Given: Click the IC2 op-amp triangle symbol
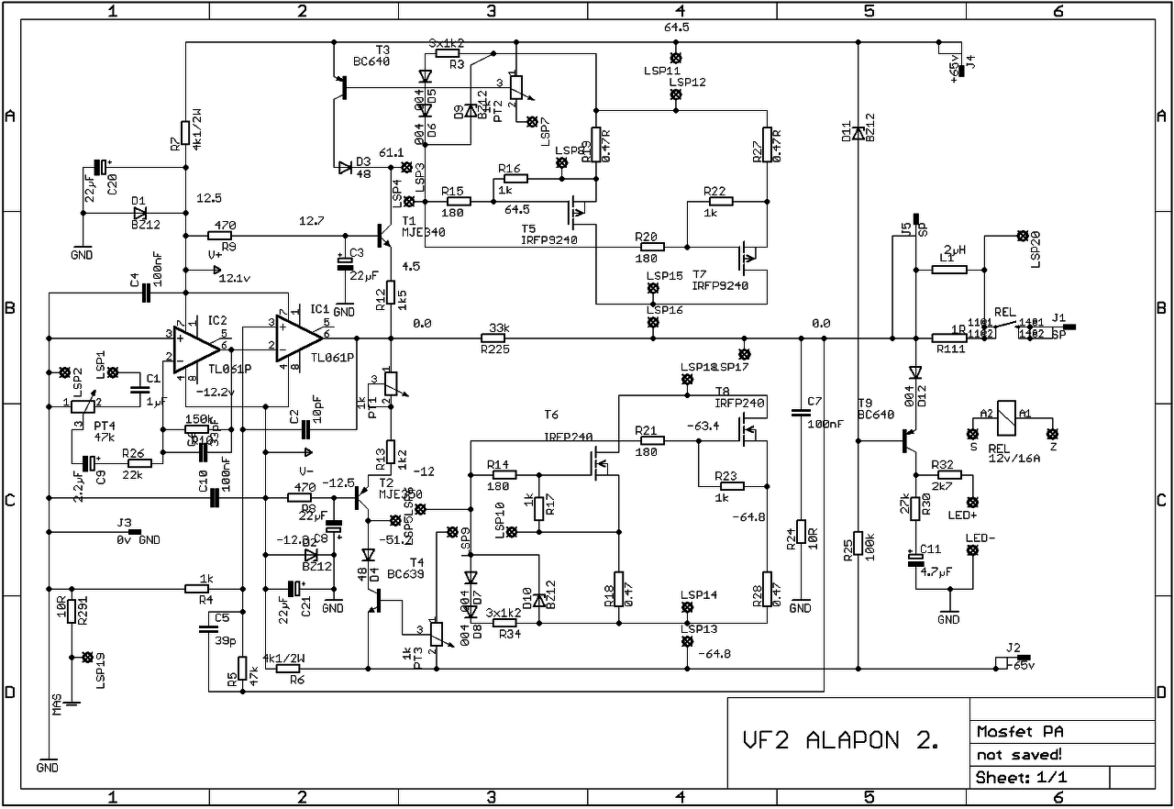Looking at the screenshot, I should (196, 349).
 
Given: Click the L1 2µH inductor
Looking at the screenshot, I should (948, 269).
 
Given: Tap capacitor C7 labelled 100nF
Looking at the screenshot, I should (801, 413).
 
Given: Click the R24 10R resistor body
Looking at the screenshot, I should (801, 532).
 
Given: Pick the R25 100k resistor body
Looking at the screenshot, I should (858, 544).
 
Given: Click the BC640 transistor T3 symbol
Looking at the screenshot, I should (343, 88).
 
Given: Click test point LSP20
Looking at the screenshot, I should (1023, 236).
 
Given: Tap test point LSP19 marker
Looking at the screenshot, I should (87, 658).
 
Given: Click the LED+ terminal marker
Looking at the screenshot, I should (973, 502).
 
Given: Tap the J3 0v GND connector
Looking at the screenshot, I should (134, 532).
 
